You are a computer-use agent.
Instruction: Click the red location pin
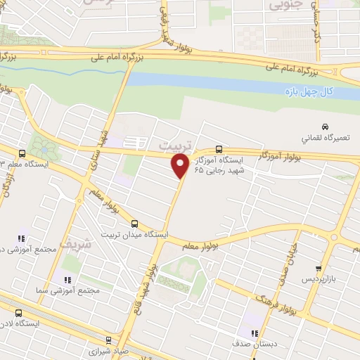click(x=181, y=166)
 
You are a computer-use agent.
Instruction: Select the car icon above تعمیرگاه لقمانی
click(x=304, y=126)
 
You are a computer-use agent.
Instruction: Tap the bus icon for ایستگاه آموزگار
click(x=219, y=149)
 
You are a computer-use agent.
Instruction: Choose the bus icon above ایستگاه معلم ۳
click(x=22, y=153)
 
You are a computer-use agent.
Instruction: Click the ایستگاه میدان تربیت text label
click(x=134, y=234)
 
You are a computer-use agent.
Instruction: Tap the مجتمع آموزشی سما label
click(x=70, y=289)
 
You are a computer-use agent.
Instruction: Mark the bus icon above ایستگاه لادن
click(x=18, y=314)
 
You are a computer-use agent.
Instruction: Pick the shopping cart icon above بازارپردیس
click(x=320, y=268)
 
